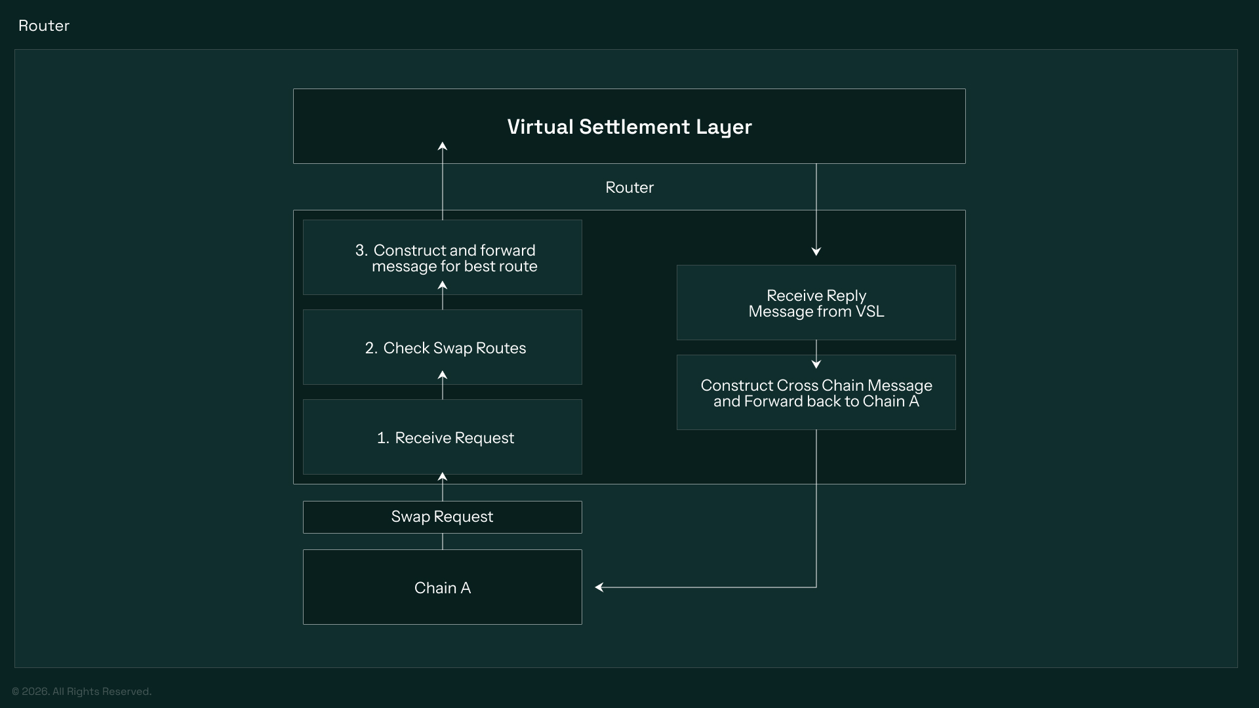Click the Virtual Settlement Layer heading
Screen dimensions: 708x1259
pos(629,127)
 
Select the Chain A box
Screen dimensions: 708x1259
pos(442,587)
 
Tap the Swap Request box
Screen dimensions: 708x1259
pos(442,517)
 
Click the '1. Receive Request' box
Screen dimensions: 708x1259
pos(442,437)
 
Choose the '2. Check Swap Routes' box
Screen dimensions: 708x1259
pos(442,347)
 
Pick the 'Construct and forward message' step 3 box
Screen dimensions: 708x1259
pos(442,258)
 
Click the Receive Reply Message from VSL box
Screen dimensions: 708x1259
pos(816,303)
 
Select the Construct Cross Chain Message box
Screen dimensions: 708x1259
pos(816,393)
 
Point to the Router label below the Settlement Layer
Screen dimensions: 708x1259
pos(629,187)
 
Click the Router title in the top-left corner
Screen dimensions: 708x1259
pos(44,26)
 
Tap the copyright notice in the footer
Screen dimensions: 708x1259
pos(81,692)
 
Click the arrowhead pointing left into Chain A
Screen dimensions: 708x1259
pos(599,587)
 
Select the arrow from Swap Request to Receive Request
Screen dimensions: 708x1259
pos(443,486)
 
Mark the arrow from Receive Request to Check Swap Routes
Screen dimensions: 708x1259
pos(443,385)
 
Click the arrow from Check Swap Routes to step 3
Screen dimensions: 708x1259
pos(443,296)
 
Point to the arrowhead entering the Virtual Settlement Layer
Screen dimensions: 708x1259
pos(443,147)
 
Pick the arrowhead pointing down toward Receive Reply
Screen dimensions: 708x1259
pos(816,251)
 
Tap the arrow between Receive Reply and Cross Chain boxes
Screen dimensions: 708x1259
pos(816,355)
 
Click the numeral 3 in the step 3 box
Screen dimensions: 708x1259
pos(359,250)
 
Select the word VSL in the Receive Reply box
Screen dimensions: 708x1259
pos(869,311)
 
